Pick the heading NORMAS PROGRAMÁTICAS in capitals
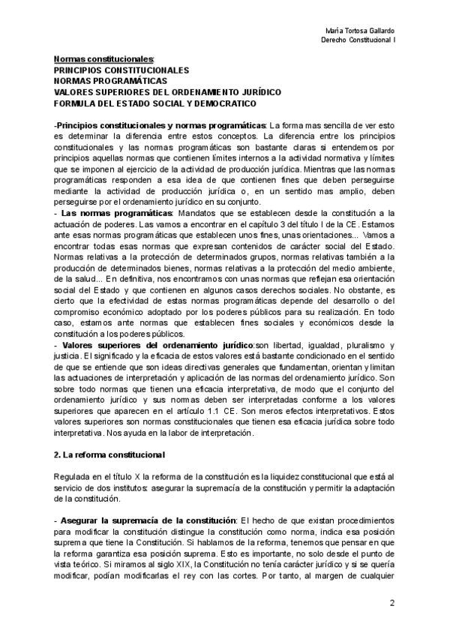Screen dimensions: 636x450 tap(111, 79)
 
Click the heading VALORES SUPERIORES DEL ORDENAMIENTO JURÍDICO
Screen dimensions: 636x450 tap(167, 91)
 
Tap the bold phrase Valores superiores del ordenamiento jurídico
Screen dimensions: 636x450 tap(157, 344)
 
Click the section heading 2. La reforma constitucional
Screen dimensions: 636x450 tap(104, 455)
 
